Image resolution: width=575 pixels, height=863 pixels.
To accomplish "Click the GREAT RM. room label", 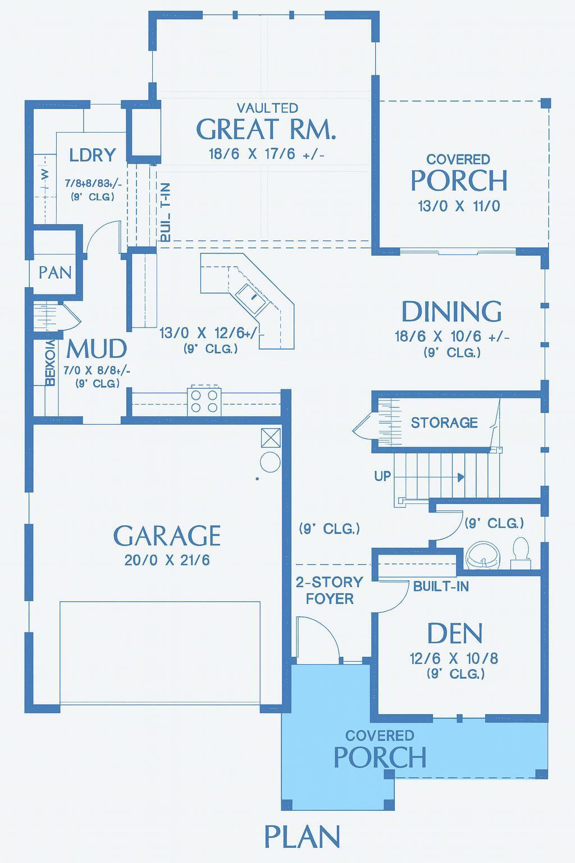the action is pyautogui.click(x=266, y=129).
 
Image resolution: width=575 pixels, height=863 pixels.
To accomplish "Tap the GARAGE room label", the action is pyautogui.click(x=167, y=536).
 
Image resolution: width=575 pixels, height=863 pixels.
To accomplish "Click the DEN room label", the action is pyautogui.click(x=455, y=634).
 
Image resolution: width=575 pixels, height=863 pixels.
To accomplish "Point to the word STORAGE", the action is pyautogui.click(x=444, y=423).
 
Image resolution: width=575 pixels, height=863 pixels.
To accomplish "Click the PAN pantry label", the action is pyautogui.click(x=55, y=272).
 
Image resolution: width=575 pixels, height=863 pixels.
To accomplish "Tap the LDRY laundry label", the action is pyautogui.click(x=93, y=155).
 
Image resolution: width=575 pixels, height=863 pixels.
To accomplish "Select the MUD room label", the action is pyautogui.click(x=97, y=349).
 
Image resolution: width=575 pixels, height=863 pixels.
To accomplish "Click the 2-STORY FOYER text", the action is pyautogui.click(x=330, y=591).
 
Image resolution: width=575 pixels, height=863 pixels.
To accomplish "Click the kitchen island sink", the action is pyautogui.click(x=250, y=294).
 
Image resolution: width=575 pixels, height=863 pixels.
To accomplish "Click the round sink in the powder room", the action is pyautogui.click(x=483, y=554).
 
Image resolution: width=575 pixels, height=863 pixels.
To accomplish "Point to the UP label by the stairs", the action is pyautogui.click(x=382, y=476).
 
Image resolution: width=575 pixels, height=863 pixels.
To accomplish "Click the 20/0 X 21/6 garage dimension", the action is pyautogui.click(x=167, y=560).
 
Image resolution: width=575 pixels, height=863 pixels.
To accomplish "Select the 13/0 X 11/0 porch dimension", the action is pyautogui.click(x=459, y=206).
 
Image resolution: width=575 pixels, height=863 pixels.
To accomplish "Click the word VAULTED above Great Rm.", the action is pyautogui.click(x=267, y=107).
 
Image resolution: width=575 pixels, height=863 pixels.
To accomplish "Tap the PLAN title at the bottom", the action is pyautogui.click(x=302, y=837).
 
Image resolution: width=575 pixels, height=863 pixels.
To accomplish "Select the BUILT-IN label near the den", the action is pyautogui.click(x=441, y=587).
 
